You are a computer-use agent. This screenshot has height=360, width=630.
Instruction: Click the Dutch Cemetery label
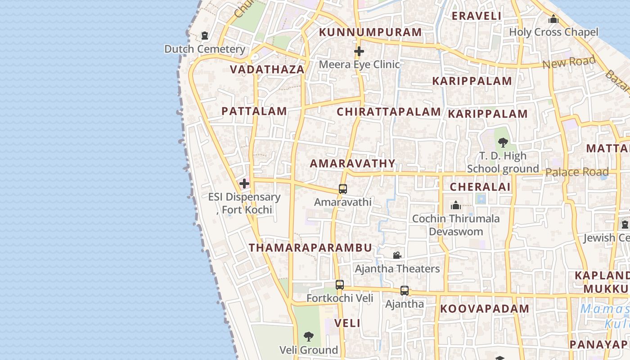205,49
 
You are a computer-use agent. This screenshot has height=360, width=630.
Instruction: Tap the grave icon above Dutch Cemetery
205,35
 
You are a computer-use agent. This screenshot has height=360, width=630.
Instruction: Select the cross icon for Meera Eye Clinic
359,51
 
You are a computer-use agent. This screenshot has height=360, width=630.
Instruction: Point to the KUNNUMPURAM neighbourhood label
370,32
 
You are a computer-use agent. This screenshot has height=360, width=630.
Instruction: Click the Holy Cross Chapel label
553,32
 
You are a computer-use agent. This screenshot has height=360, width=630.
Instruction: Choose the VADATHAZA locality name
267,69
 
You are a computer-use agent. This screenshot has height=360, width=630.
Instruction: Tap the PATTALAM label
254,111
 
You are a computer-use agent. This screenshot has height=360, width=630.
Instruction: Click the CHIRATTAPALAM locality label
389,112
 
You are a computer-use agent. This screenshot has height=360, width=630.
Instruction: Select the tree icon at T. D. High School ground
503,143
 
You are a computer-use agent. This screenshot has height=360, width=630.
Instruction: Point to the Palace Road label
577,172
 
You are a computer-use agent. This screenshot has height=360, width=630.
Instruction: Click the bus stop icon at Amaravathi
343,189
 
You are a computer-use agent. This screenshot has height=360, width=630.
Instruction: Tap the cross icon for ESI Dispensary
244,184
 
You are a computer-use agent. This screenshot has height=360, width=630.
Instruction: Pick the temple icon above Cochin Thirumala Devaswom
456,206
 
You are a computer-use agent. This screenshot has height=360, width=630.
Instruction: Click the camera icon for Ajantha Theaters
397,256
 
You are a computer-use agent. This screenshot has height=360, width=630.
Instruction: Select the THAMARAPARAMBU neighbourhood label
310,247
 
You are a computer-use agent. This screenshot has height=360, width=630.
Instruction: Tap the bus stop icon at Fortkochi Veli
340,285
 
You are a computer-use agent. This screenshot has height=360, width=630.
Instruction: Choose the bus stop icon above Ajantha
405,291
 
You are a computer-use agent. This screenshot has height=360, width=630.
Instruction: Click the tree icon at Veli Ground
308,336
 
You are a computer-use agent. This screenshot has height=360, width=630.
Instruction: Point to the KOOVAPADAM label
485,309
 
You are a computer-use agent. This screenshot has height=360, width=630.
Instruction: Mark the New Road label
569,62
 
